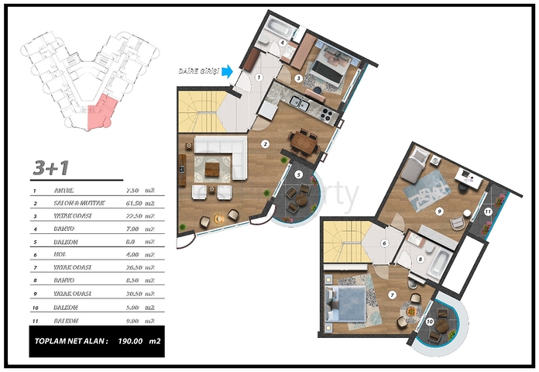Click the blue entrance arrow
(227, 71)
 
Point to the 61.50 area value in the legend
(133, 203)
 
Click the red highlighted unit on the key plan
(101, 112)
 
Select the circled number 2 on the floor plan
(264, 143)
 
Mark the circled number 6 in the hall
(384, 243)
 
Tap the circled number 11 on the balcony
(488, 211)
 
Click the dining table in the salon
(304, 142)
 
